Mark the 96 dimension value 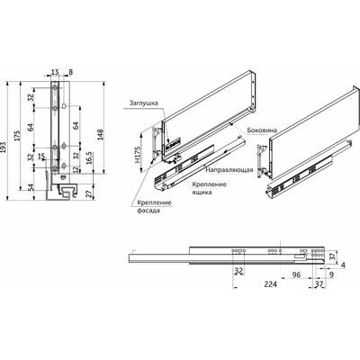[298, 276]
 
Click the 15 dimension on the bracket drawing [40, 158]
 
